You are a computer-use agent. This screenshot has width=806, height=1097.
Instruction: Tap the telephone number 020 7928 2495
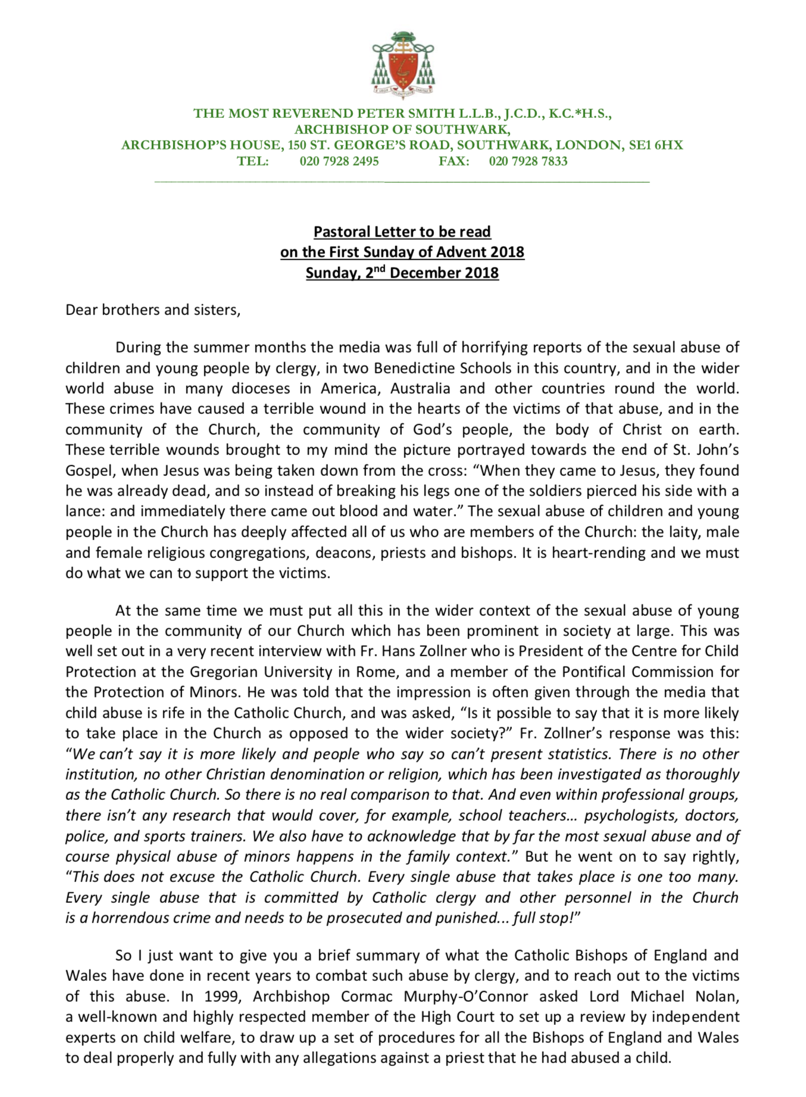[339, 161]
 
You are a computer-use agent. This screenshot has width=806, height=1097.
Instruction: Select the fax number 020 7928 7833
[528, 161]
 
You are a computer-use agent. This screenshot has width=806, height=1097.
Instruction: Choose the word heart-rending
[599, 553]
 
